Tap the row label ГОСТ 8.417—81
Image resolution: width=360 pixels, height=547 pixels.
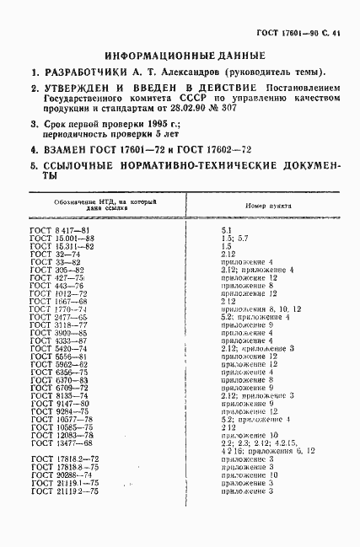(x=62, y=230)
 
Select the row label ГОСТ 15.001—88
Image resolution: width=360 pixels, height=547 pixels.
(x=63, y=239)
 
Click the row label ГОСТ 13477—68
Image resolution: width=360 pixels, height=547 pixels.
(x=63, y=442)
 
